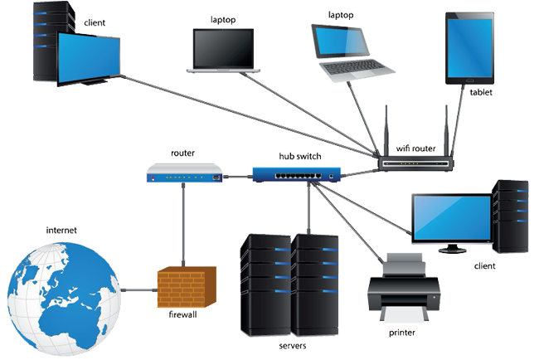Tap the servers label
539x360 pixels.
[289, 343]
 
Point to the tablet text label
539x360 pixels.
[480, 93]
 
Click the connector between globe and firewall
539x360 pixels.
[138, 291]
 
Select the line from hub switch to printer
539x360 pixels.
[352, 228]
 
